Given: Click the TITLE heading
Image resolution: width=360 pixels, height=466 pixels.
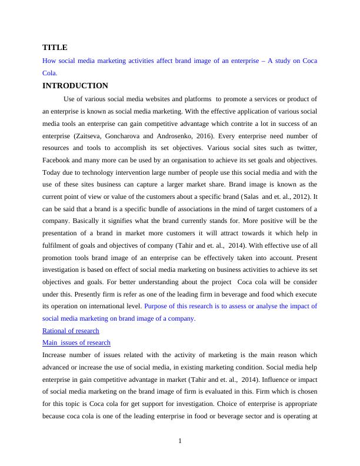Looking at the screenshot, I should click(55, 47).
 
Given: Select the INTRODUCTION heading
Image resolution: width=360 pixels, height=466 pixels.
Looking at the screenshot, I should click(75, 86).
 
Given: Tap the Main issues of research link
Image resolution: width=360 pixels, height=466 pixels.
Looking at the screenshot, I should click(76, 342).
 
